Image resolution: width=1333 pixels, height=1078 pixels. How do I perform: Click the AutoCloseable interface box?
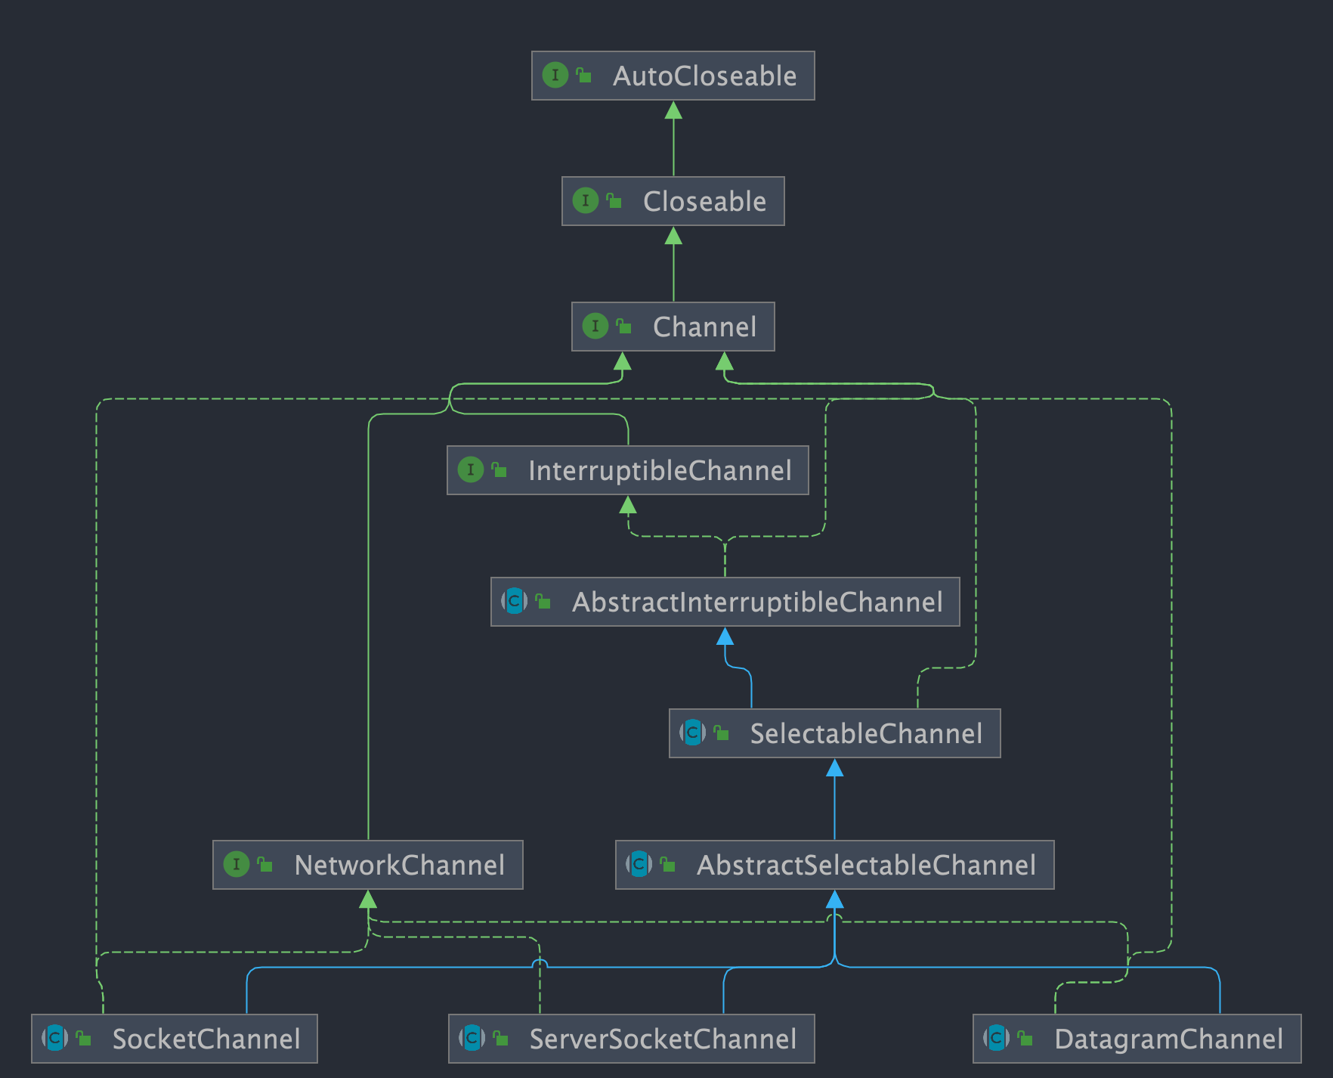(673, 76)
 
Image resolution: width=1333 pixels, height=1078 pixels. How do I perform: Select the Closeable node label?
(704, 202)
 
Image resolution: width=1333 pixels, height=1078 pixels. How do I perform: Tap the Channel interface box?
(673, 327)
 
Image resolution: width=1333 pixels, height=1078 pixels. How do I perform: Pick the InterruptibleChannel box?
(627, 470)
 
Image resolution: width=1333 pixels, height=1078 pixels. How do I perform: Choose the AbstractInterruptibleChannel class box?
(725, 602)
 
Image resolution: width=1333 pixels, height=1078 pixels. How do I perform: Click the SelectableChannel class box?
(834, 733)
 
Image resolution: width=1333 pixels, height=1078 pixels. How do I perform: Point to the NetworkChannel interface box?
(367, 865)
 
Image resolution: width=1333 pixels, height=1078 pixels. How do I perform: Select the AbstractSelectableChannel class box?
(834, 865)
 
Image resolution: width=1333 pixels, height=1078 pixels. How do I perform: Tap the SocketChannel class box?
(174, 1039)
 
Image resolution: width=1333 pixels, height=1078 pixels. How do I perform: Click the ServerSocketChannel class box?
(631, 1039)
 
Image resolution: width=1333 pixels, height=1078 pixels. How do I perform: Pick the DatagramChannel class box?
(1137, 1039)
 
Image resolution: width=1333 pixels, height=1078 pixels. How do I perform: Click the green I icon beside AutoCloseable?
(555, 76)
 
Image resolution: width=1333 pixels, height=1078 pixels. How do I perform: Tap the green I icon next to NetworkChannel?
(237, 864)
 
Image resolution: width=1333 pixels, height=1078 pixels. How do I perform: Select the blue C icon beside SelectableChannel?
(692, 733)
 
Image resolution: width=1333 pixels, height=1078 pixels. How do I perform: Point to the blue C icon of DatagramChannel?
(997, 1038)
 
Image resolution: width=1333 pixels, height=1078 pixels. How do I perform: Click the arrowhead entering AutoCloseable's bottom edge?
(673, 111)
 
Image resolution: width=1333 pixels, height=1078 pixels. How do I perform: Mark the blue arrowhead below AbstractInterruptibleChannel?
(725, 637)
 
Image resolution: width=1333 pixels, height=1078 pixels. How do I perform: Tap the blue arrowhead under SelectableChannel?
(834, 769)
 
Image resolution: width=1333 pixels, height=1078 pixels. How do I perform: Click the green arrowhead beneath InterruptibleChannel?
(627, 505)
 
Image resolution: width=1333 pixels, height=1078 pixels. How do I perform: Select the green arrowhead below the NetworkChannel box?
(368, 900)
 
